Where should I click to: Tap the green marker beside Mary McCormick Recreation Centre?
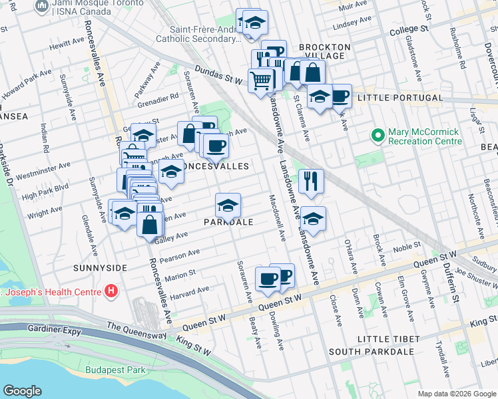tap(378, 136)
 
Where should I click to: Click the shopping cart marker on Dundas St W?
tap(260, 80)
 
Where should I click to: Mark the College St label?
tap(408, 30)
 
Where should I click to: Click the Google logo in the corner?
tap(22, 390)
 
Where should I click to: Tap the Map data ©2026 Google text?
tap(456, 394)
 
